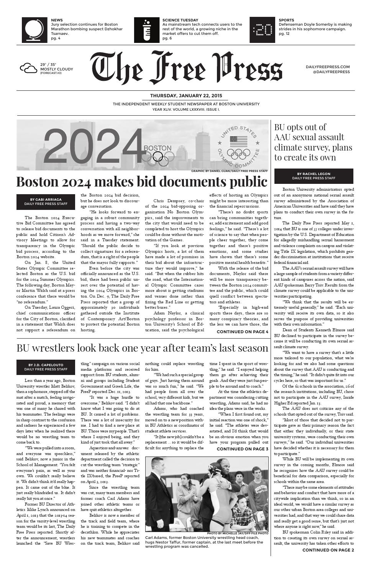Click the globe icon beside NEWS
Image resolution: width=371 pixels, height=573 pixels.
tap(34, 30)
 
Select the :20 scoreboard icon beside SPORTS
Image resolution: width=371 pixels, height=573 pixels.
tap(263, 30)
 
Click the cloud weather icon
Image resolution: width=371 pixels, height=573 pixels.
tap(29, 69)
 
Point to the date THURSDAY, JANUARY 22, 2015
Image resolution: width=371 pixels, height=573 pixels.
tap(186, 96)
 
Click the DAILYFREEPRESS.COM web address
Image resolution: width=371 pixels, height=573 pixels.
tap(328, 67)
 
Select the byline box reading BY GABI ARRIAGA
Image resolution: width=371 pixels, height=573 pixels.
tap(46, 201)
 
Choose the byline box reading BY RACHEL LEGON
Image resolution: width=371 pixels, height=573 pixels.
tap(314, 176)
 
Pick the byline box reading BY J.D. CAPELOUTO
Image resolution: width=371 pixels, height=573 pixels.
tap(46, 367)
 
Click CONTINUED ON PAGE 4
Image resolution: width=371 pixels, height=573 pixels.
tap(242, 332)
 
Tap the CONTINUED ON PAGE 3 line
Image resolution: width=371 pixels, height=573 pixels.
tap(242, 449)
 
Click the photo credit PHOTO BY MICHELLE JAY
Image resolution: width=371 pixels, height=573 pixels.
tap(237, 533)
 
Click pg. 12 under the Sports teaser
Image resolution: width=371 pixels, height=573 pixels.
tap(284, 34)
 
